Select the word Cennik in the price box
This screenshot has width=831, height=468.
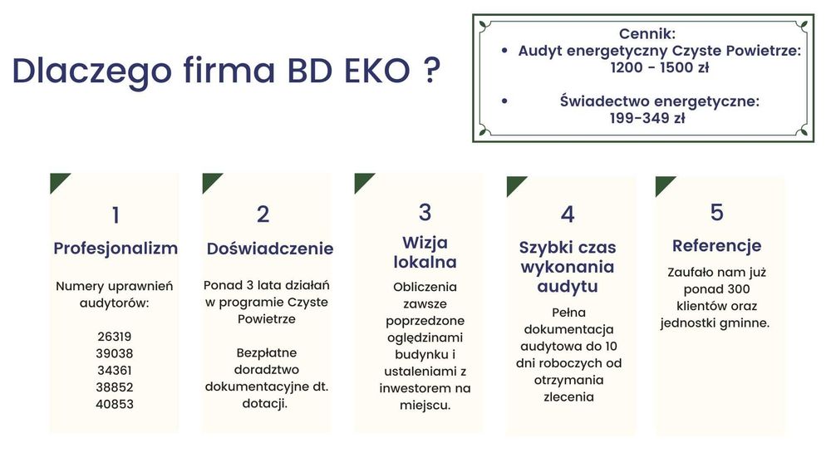(647, 34)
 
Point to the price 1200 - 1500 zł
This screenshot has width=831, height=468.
(659, 67)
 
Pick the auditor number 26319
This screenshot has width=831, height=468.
(114, 337)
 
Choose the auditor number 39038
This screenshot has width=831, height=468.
(114, 353)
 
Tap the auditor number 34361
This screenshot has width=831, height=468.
(114, 370)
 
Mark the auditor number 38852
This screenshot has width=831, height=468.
(114, 387)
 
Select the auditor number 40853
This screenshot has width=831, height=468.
(114, 404)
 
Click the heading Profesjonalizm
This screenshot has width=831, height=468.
(116, 248)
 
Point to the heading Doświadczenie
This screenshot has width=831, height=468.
(270, 249)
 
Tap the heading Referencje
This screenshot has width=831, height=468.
(716, 245)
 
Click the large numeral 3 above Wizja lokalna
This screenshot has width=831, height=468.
(425, 212)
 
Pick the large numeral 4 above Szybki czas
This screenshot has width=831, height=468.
(568, 214)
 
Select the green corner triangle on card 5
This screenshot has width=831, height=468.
(663, 184)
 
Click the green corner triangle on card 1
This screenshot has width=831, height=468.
(57, 180)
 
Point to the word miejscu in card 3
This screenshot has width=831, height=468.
(425, 405)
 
